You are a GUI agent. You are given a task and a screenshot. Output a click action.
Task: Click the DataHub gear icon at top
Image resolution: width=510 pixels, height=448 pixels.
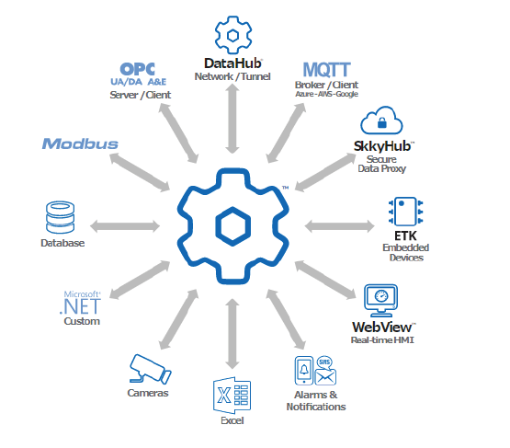233,33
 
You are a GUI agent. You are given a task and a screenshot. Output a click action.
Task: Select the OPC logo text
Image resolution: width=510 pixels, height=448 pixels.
138,70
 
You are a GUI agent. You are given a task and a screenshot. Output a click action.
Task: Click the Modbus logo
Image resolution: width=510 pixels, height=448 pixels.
80,144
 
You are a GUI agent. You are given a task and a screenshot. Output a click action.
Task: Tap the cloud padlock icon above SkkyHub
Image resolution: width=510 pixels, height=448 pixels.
379,121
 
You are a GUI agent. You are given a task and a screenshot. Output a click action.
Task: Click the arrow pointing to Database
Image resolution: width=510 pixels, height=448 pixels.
125,224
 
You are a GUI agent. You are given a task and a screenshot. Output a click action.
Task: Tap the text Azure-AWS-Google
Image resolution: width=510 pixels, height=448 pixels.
326,96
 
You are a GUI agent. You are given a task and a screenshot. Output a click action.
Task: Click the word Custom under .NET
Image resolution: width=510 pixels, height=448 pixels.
81,321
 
